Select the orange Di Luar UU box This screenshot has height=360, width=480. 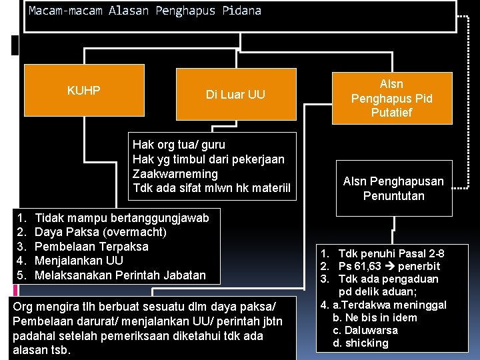click(235, 95)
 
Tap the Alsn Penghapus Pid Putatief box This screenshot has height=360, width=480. click(392, 98)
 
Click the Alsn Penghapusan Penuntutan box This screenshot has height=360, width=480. click(393, 189)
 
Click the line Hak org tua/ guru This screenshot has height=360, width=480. click(179, 145)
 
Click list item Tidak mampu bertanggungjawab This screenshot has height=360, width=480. click(121, 218)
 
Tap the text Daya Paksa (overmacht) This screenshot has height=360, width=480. click(100, 233)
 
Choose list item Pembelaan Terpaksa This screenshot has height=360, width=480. click(91, 247)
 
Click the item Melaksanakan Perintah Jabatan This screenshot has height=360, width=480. click(120, 275)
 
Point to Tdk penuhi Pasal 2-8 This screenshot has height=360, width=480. click(391, 254)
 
